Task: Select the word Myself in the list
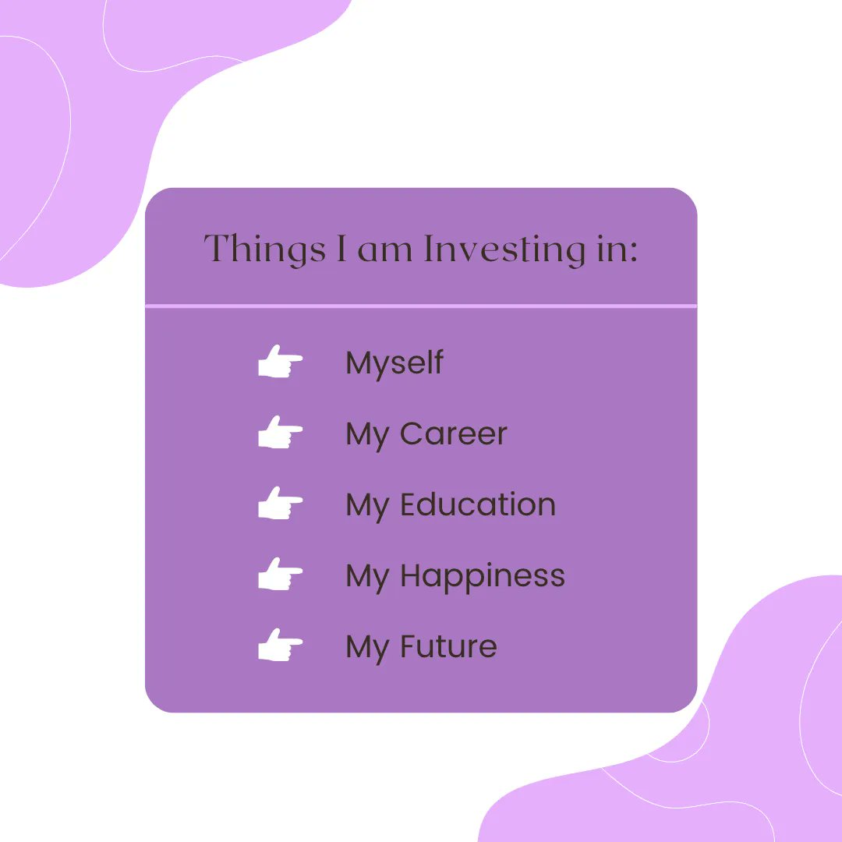[x=394, y=363]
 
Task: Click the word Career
[x=453, y=434]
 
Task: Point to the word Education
[x=477, y=505]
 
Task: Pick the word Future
[x=448, y=647]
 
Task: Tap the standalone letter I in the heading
[x=341, y=249]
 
